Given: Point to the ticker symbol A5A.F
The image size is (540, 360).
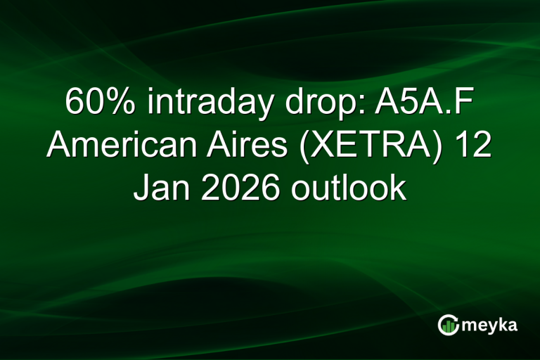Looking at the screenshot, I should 414,105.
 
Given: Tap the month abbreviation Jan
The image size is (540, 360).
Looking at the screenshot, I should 157,188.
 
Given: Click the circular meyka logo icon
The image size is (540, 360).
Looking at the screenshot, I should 448,324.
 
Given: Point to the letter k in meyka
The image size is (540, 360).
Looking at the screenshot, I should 501,325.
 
